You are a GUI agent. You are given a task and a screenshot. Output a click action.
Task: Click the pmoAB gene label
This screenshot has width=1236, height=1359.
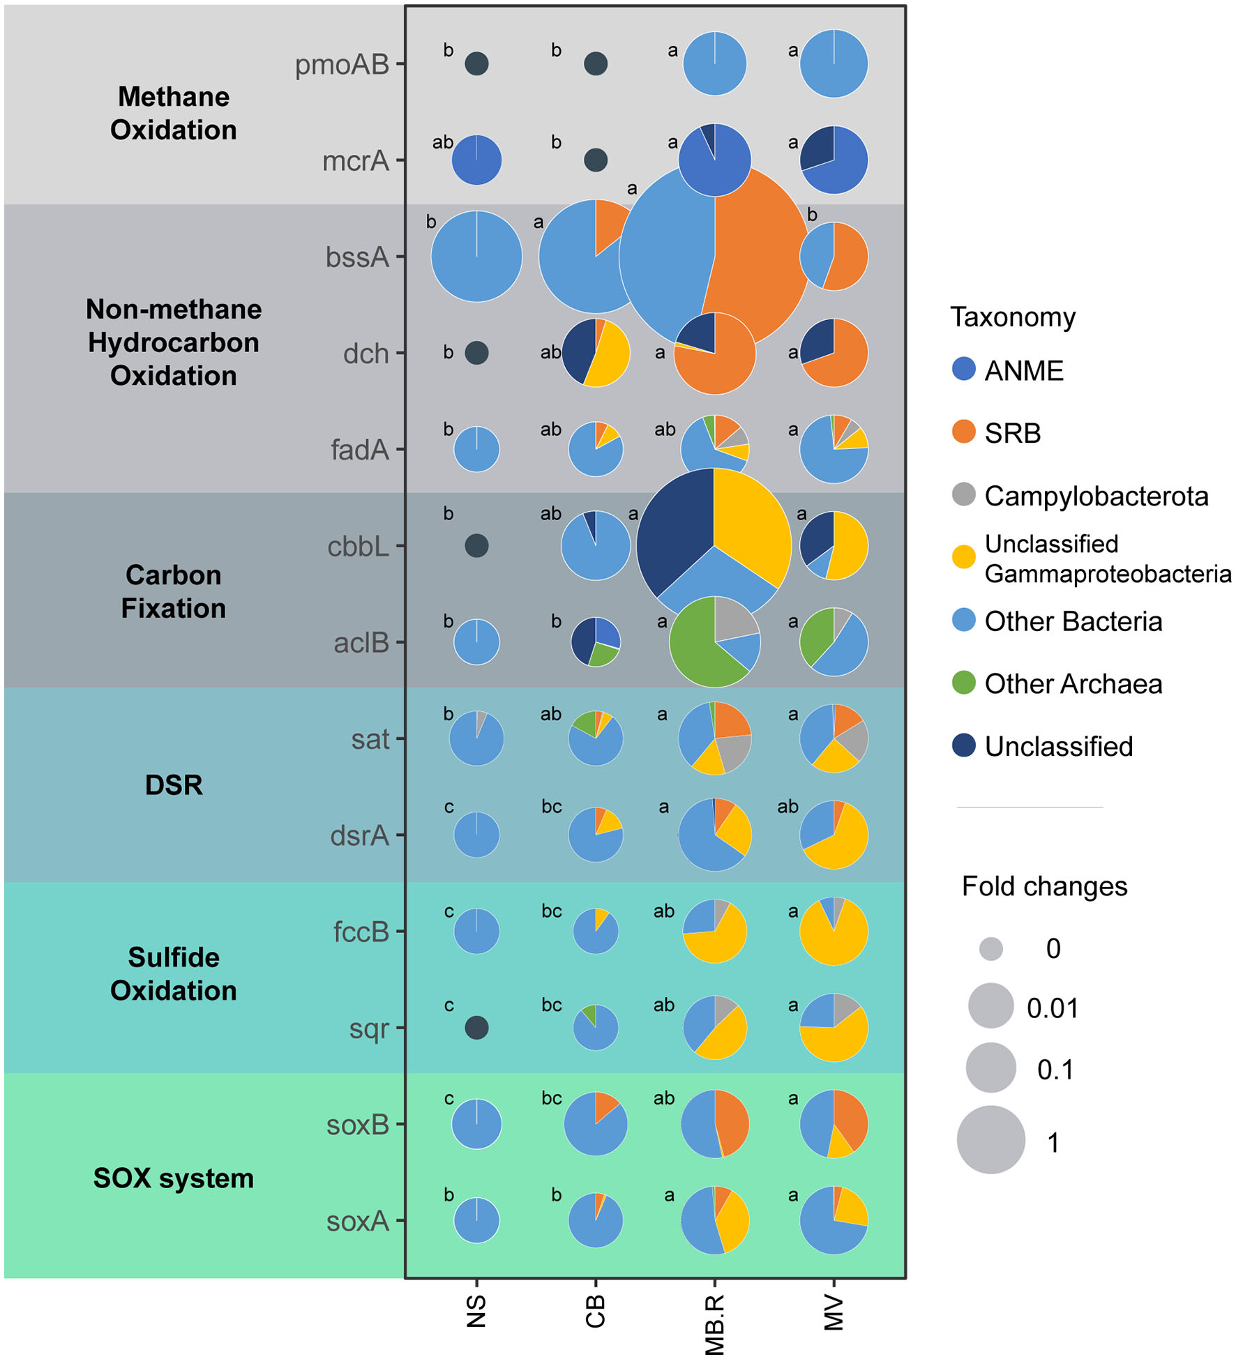(x=342, y=65)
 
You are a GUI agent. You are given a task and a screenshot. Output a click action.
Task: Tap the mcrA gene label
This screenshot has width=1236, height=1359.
(x=355, y=161)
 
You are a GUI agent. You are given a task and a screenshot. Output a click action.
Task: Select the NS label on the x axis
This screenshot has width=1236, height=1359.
(x=476, y=1311)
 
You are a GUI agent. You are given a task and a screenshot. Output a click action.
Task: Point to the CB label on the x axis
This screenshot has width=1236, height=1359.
(x=595, y=1311)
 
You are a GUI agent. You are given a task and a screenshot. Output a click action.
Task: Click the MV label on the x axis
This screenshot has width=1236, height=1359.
(x=834, y=1313)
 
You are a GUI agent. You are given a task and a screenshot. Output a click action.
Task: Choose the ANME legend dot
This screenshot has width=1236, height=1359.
(x=963, y=370)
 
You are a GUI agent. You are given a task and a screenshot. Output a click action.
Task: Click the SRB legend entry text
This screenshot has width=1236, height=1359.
(x=1012, y=433)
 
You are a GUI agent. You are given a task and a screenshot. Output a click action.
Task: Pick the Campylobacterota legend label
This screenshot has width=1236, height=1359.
(x=1096, y=496)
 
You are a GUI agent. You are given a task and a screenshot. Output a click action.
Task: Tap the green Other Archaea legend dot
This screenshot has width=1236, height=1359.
(x=963, y=683)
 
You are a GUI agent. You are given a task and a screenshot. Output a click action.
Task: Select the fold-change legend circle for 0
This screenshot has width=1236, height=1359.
(x=990, y=948)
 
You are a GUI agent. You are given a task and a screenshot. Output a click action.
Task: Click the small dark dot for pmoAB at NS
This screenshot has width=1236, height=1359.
(x=476, y=64)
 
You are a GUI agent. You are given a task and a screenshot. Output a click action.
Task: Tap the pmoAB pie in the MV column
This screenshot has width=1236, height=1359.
(x=834, y=64)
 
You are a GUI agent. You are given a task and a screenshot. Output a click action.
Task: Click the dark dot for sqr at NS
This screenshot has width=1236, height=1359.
(x=476, y=1027)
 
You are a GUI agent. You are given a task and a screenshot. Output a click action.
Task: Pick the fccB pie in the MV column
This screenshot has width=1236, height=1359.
(x=834, y=932)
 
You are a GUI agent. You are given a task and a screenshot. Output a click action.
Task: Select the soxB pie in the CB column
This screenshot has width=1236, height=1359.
(x=595, y=1124)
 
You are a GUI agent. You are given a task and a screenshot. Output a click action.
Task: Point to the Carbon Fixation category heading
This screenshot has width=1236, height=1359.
(x=174, y=591)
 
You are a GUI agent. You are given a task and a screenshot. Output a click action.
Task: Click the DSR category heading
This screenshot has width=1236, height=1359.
(x=174, y=785)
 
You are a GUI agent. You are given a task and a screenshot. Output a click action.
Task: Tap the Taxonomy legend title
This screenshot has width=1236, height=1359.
(x=1012, y=317)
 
